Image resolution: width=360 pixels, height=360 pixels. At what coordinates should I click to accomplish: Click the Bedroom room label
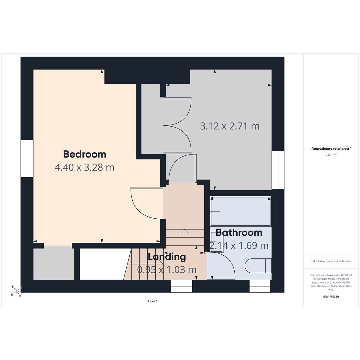85,154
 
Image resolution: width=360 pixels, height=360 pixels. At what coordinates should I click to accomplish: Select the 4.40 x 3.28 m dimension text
85,167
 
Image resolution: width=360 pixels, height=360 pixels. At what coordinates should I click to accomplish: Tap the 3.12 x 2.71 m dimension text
229,126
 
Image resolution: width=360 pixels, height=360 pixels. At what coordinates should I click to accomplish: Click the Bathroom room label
239,232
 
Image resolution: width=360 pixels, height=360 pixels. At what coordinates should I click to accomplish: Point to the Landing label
167,257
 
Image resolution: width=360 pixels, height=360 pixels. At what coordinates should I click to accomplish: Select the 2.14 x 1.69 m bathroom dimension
239,246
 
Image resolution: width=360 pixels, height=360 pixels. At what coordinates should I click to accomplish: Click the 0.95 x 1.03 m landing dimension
167,270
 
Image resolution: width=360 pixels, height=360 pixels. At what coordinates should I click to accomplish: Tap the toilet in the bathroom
258,266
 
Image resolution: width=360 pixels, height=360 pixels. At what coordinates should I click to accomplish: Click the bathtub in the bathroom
241,211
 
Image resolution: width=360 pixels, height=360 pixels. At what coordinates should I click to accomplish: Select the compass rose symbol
16,291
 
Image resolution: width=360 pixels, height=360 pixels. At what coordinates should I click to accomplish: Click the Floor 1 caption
152,301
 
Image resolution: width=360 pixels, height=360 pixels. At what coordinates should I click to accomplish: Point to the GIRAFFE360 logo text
331,297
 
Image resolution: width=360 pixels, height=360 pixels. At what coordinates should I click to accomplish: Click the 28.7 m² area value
331,155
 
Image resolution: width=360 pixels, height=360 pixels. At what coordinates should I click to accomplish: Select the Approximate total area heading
331,149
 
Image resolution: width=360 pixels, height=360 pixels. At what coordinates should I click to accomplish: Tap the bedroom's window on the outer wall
27,158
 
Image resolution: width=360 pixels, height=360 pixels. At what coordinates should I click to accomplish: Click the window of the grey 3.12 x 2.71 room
278,170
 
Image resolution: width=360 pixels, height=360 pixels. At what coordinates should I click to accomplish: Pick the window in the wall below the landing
181,286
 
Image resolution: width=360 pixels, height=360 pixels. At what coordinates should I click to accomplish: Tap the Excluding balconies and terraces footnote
331,261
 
